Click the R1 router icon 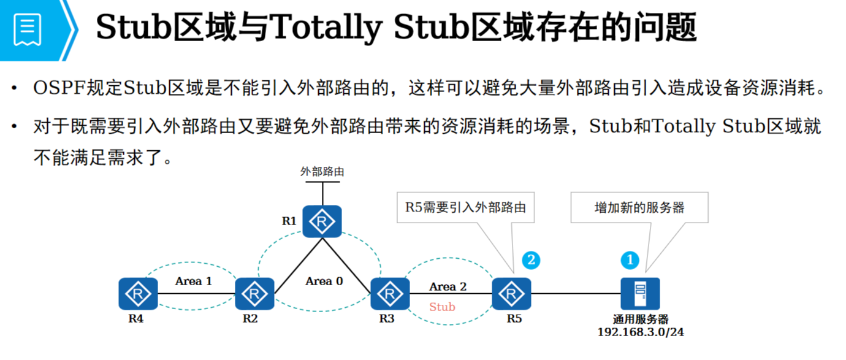coord(322,221)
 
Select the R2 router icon coord(254,294)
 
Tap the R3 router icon coord(390,294)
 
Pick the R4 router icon coord(138,294)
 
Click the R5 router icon coord(511,294)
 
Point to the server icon coord(640,294)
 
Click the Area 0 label coord(324,281)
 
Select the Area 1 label coord(193,281)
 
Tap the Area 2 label coord(448,286)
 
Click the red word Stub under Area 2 coord(442,307)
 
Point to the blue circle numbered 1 coord(629,260)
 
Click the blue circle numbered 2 coord(531,260)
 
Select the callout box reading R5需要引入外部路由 coord(465,207)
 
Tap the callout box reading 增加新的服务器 coord(639,207)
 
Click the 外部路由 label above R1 coord(322,172)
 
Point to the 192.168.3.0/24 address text coord(641,332)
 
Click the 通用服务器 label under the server coord(641,319)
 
